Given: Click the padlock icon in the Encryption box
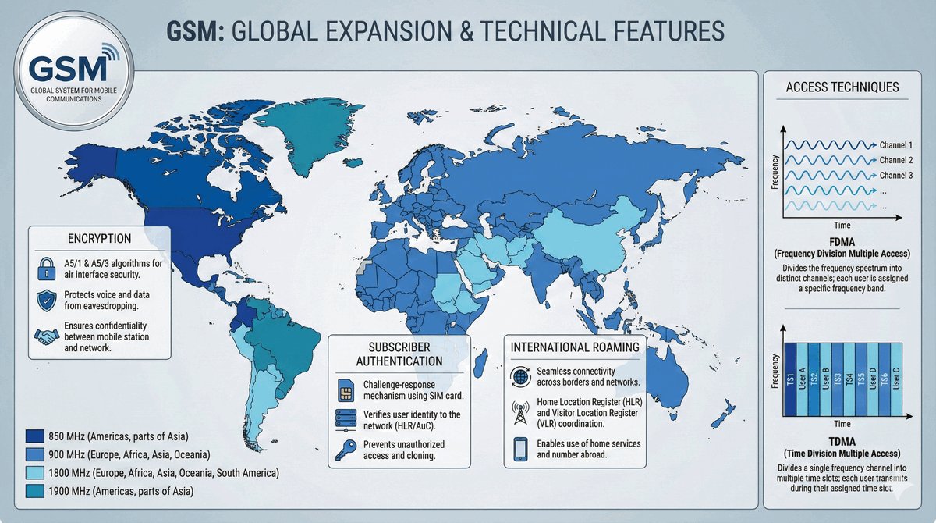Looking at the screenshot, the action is [x=46, y=269].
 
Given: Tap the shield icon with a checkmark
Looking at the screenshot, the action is [x=46, y=301].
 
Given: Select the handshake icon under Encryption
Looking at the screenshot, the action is [x=46, y=336].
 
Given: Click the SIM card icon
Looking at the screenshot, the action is [x=346, y=390].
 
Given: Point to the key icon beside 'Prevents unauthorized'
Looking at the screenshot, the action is [x=346, y=450].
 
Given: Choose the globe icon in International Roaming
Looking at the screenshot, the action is [x=520, y=377].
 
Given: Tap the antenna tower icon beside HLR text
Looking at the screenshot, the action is [x=519, y=413].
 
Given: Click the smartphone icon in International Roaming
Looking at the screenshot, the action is [x=520, y=449].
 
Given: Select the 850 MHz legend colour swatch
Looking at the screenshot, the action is [x=34, y=436].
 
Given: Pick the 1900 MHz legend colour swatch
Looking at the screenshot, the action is [x=34, y=491].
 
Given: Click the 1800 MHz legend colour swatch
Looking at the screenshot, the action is [x=34, y=472].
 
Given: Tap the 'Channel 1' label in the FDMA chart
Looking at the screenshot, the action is [x=896, y=145].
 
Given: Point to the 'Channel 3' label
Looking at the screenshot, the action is [x=896, y=175].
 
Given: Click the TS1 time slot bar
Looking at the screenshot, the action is [x=790, y=379].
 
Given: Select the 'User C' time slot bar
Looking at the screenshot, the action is [x=896, y=379].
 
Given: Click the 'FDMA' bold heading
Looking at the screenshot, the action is [x=842, y=242].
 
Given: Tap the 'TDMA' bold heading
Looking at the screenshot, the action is [x=842, y=442].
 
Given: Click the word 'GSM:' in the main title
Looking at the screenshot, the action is [x=196, y=31].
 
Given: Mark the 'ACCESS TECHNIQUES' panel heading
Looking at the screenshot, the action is [x=842, y=87].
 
